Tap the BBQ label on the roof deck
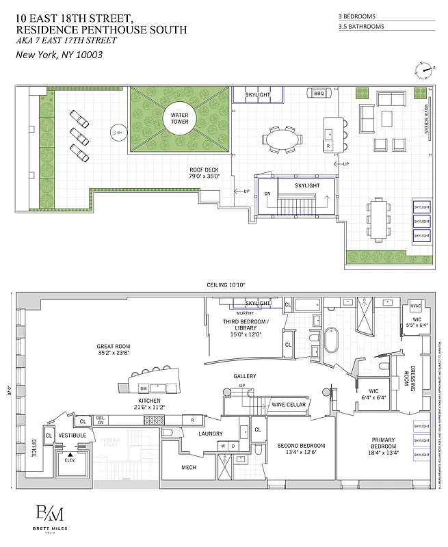click(x=319, y=94)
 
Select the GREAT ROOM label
click(x=114, y=347)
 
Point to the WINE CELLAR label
click(x=288, y=405)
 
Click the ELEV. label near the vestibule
click(x=70, y=459)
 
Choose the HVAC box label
click(x=417, y=306)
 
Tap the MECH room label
click(x=189, y=468)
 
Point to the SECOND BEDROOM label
click(x=301, y=449)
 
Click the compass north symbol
click(x=424, y=69)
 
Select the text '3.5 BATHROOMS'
click(x=361, y=27)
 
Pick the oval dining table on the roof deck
click(x=282, y=139)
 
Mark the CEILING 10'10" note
click(x=225, y=284)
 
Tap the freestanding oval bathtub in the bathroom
click(x=332, y=341)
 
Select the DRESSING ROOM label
click(x=413, y=376)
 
